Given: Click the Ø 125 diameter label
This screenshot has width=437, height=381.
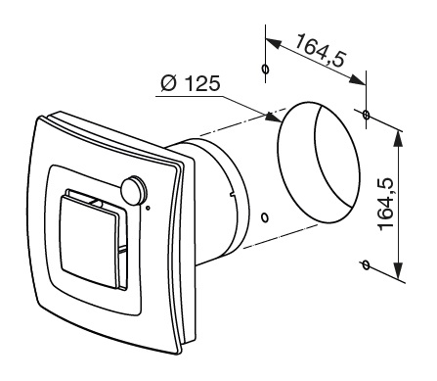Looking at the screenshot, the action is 191,83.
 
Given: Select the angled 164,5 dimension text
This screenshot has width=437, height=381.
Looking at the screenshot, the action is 321,50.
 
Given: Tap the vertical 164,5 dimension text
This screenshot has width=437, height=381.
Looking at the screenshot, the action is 386,204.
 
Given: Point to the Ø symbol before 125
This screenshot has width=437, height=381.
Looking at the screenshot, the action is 169,83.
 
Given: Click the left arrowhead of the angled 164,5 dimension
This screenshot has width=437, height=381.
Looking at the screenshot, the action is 274,43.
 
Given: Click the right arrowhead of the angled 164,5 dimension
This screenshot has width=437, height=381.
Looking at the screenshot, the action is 358,80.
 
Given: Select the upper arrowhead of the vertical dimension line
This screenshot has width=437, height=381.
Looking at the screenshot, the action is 398,139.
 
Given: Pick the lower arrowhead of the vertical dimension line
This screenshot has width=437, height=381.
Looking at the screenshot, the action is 398,270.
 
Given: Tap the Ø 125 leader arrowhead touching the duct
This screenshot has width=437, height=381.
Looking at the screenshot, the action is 274,118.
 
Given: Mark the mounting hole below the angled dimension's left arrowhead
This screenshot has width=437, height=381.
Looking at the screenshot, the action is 266,70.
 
